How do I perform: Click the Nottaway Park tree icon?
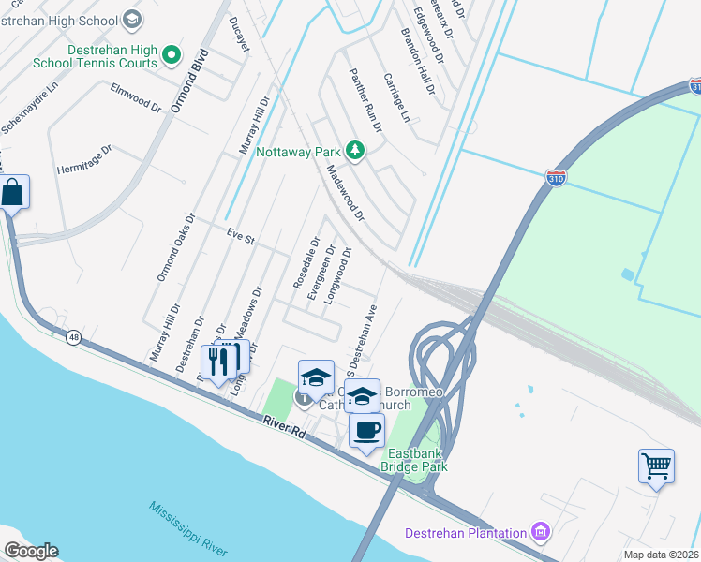(354, 150)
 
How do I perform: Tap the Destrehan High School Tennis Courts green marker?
(171, 56)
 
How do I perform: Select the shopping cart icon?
(656, 466)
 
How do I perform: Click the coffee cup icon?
(366, 431)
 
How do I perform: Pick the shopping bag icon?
(14, 192)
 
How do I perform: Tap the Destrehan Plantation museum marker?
(540, 533)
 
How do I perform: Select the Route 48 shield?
(73, 336)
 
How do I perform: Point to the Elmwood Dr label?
(136, 97)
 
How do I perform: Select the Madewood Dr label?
(344, 193)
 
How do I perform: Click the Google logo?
(30, 551)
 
